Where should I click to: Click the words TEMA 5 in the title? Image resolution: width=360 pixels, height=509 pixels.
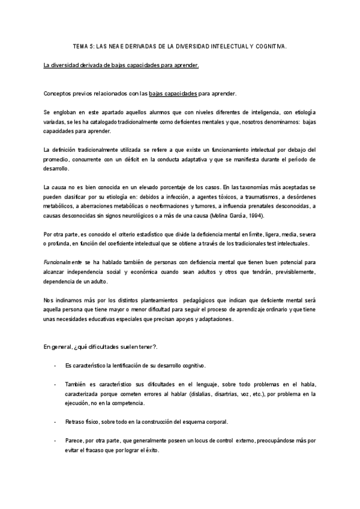82,45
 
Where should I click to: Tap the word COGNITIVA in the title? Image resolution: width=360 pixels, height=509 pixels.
270,45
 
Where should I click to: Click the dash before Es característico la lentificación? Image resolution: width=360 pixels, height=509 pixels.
55,366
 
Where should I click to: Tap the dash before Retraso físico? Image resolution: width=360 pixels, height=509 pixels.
55,422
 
